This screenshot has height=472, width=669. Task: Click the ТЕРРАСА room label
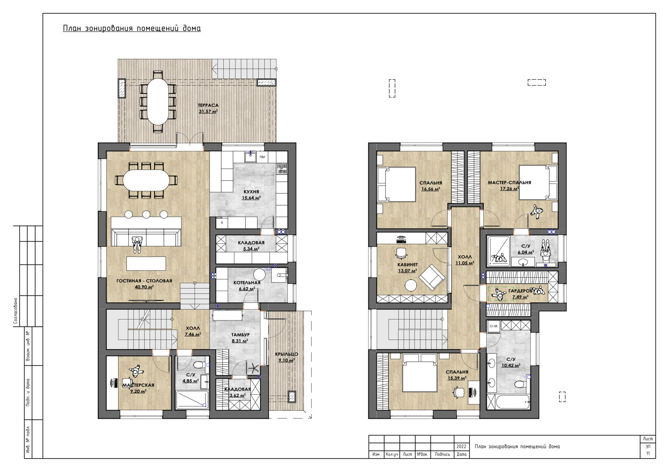(x=208, y=105)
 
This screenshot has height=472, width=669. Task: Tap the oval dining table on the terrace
(x=158, y=102)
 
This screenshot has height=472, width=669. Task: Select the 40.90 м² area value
(x=144, y=287)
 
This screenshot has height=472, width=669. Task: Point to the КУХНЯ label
(x=251, y=192)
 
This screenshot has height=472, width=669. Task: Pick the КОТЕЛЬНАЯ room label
(x=247, y=282)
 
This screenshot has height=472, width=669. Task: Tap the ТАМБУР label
(x=240, y=335)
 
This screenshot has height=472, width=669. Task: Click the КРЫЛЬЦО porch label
(x=287, y=354)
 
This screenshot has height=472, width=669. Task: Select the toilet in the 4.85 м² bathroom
(x=198, y=365)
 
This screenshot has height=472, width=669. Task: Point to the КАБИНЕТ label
(x=407, y=265)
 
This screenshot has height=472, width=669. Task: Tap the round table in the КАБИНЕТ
(x=411, y=285)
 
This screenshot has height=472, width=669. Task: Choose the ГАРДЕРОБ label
(x=521, y=291)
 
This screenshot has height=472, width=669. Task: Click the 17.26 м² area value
(x=510, y=188)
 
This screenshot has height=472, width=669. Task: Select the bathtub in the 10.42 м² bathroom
(x=508, y=401)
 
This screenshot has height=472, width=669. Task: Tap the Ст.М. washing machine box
(x=494, y=326)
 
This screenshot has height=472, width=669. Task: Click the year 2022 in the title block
(x=461, y=447)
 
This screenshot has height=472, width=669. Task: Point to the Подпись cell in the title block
(x=442, y=454)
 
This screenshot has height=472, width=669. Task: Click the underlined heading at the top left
(x=132, y=29)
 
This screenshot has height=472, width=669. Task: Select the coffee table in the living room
(x=146, y=264)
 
